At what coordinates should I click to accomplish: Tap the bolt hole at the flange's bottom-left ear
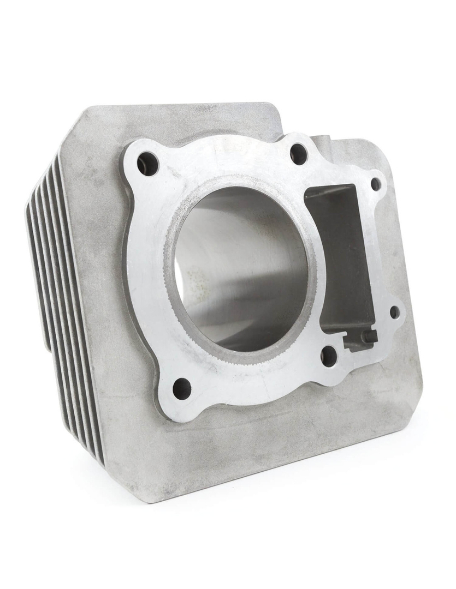tap(182, 388)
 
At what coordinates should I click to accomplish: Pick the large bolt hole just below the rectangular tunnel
tap(329, 356)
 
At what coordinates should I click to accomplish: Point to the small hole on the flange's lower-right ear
tap(394, 312)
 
